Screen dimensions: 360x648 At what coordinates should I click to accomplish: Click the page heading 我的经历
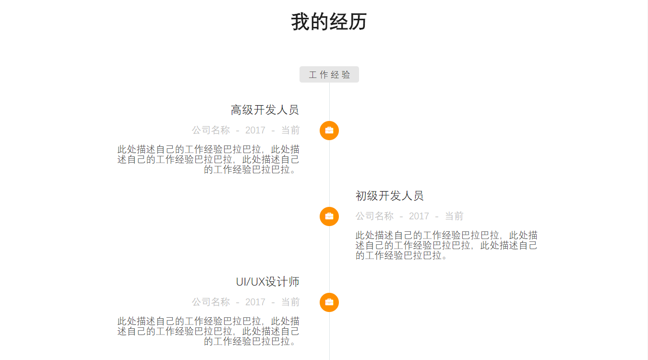[329, 22]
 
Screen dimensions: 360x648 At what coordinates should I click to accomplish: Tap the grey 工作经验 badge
[329, 74]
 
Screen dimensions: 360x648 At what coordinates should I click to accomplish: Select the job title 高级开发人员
[265, 110]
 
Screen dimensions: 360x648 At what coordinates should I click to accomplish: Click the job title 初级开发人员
[389, 196]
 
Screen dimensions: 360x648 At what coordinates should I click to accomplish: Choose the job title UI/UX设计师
[267, 282]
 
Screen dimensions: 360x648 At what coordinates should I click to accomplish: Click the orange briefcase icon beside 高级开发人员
[329, 131]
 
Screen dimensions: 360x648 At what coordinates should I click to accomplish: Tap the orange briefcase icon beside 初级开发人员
[329, 216]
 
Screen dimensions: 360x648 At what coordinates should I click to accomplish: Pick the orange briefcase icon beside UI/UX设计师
[329, 302]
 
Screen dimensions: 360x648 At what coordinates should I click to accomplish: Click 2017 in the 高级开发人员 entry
[255, 130]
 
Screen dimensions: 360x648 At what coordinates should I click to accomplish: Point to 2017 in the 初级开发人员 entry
[419, 216]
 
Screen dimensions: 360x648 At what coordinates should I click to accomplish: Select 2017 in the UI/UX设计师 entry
[255, 302]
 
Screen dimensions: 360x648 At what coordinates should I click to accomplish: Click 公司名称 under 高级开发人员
[211, 130]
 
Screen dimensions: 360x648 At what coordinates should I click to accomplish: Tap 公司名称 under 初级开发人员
[374, 216]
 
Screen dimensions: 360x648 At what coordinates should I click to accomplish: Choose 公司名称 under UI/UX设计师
[211, 302]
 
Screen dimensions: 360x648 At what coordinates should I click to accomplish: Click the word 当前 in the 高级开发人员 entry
[290, 130]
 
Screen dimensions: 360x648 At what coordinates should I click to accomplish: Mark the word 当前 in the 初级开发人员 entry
[454, 216]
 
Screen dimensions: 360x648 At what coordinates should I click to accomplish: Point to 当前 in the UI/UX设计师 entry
[290, 302]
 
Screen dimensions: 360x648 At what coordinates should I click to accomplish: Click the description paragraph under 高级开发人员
[209, 159]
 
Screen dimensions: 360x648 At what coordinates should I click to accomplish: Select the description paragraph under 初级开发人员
[446, 245]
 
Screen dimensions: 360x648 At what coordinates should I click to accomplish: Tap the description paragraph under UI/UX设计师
[209, 331]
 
